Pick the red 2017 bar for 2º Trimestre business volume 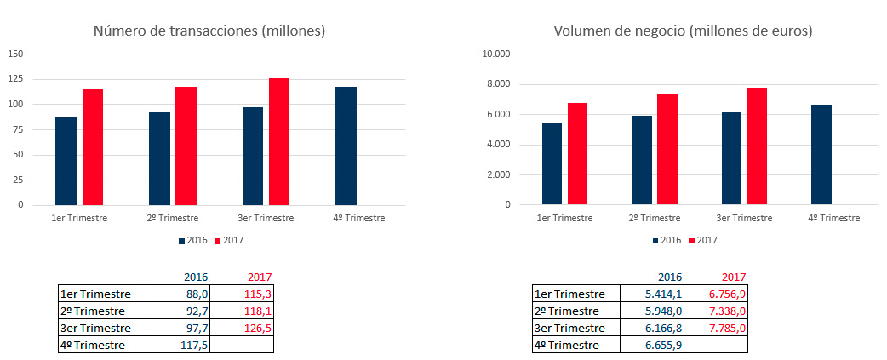coord(667,150)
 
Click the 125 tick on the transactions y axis coord(16,79)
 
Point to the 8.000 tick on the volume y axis coord(496,84)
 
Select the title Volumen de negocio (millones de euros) coord(683,31)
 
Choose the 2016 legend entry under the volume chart coord(667,240)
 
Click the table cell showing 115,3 coord(241,294)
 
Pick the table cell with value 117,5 coord(178,345)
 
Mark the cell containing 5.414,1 coord(653,294)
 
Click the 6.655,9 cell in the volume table coord(653,345)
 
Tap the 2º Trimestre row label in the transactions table coord(94,311)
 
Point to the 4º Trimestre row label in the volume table coord(569,345)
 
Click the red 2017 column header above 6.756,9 coord(733,277)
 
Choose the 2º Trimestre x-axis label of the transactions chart coord(171,218)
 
